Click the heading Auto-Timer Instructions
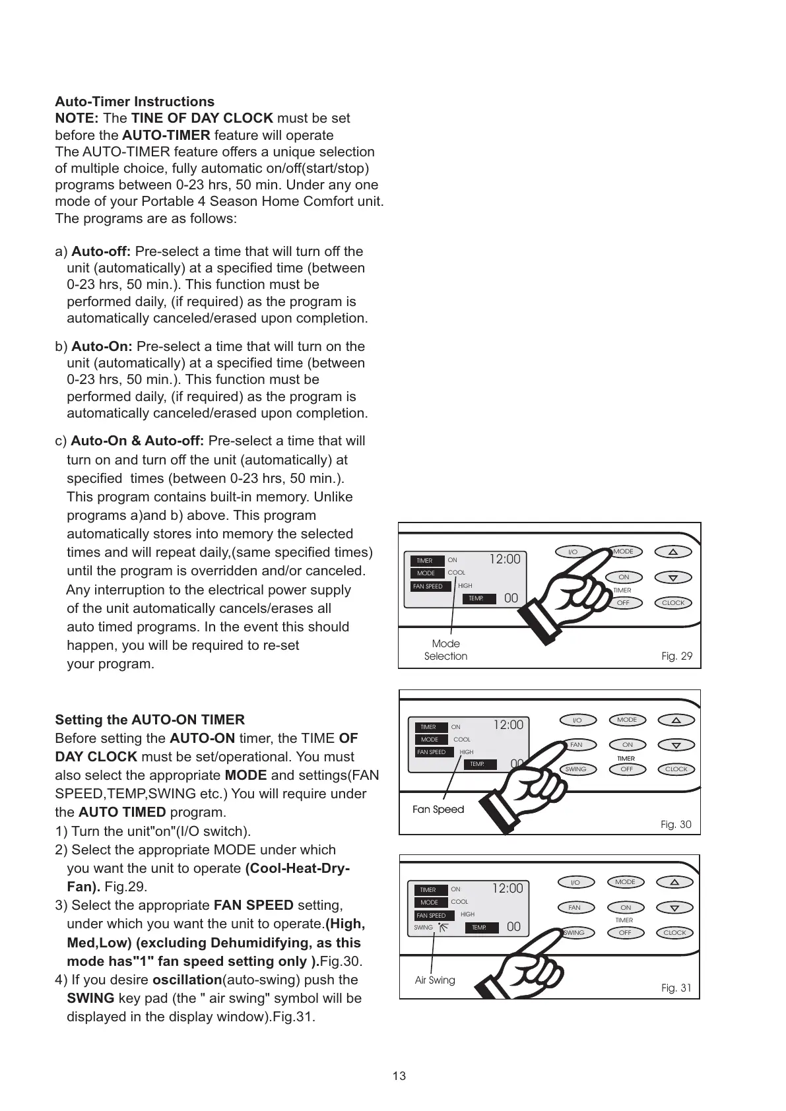[135, 102]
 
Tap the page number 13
[399, 1076]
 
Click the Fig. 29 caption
[676, 656]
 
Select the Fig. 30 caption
[676, 824]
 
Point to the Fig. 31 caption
[676, 988]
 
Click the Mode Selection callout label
[445, 650]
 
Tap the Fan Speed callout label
[438, 809]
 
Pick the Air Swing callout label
[435, 980]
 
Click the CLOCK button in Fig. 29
[673, 602]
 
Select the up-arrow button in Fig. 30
[676, 720]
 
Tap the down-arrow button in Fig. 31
[674, 908]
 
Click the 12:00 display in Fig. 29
[505, 559]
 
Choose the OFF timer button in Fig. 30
[626, 769]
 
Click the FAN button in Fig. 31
[575, 908]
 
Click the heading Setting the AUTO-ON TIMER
[150, 719]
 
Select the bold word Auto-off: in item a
[102, 251]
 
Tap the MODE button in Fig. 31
[625, 882]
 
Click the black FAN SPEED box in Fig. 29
[430, 586]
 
